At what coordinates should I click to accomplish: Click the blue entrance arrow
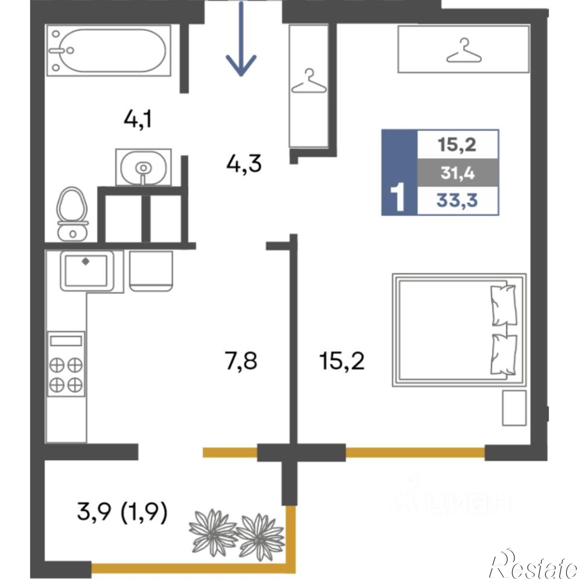[x=241, y=39]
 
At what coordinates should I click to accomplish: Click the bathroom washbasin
[x=144, y=167]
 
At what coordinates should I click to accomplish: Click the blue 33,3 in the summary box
[x=457, y=201]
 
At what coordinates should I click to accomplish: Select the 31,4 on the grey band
[x=458, y=173]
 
